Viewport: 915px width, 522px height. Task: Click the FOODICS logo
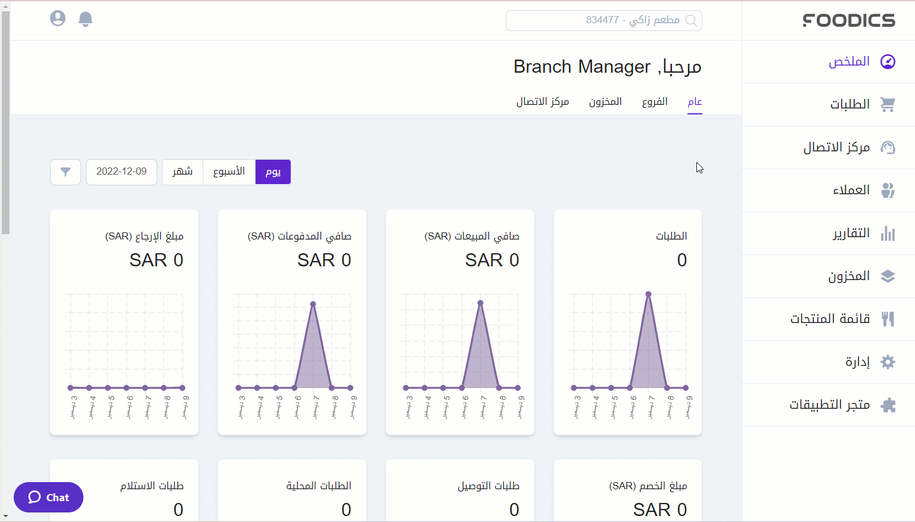point(849,20)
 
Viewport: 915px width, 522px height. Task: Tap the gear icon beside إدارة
point(888,362)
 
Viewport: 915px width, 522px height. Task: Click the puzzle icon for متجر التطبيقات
point(888,405)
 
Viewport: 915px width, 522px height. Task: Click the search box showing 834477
point(603,20)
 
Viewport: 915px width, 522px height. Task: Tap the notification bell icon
point(86,19)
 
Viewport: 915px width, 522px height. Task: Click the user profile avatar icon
point(58,18)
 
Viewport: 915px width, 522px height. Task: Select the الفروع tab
point(655,102)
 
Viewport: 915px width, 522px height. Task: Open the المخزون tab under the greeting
point(605,102)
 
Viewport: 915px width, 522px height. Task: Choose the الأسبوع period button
point(229,172)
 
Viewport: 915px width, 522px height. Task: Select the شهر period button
point(182,172)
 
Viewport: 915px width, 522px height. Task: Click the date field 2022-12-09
point(122,172)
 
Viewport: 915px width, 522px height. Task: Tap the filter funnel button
point(66,172)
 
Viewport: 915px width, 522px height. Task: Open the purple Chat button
point(48,497)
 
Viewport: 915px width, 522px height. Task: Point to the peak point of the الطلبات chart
point(648,294)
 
